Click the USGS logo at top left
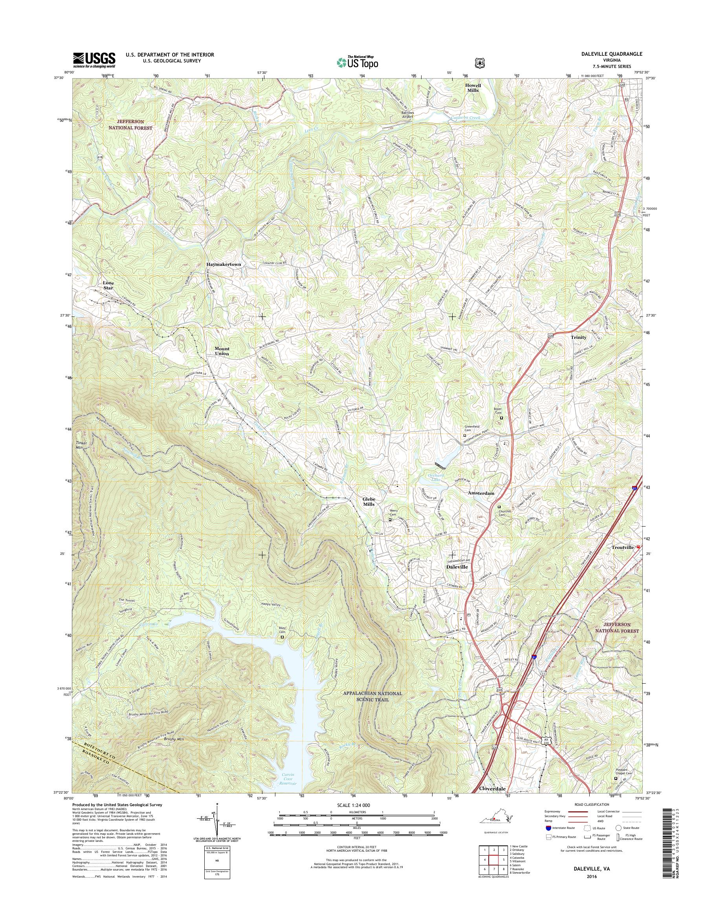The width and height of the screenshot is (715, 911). [x=94, y=60]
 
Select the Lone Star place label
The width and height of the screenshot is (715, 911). [x=108, y=285]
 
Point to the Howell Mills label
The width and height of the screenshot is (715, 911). [x=473, y=88]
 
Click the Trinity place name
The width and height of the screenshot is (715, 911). [x=579, y=337]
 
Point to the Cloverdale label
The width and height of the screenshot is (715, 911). [x=492, y=788]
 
